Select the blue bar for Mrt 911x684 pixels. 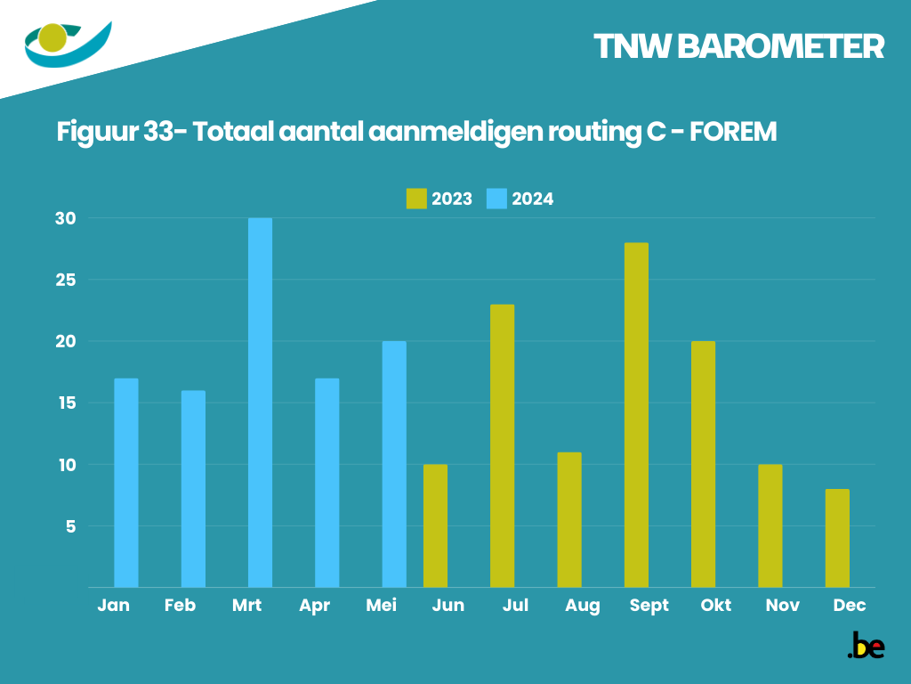(x=260, y=403)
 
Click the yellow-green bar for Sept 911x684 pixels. (x=636, y=415)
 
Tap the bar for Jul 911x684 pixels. (x=502, y=445)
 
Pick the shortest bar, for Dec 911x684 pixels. (x=837, y=538)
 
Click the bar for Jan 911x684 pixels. (x=126, y=483)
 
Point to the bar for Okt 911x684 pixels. (x=703, y=464)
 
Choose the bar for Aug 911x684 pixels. (x=569, y=519)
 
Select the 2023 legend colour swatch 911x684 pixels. (x=416, y=199)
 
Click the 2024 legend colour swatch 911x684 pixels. (x=496, y=199)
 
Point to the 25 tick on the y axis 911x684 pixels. (x=68, y=280)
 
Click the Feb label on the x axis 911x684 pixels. (x=180, y=606)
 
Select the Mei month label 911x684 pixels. (x=381, y=606)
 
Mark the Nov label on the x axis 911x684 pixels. (x=783, y=606)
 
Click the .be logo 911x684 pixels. (x=865, y=646)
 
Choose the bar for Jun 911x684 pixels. (x=435, y=525)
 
